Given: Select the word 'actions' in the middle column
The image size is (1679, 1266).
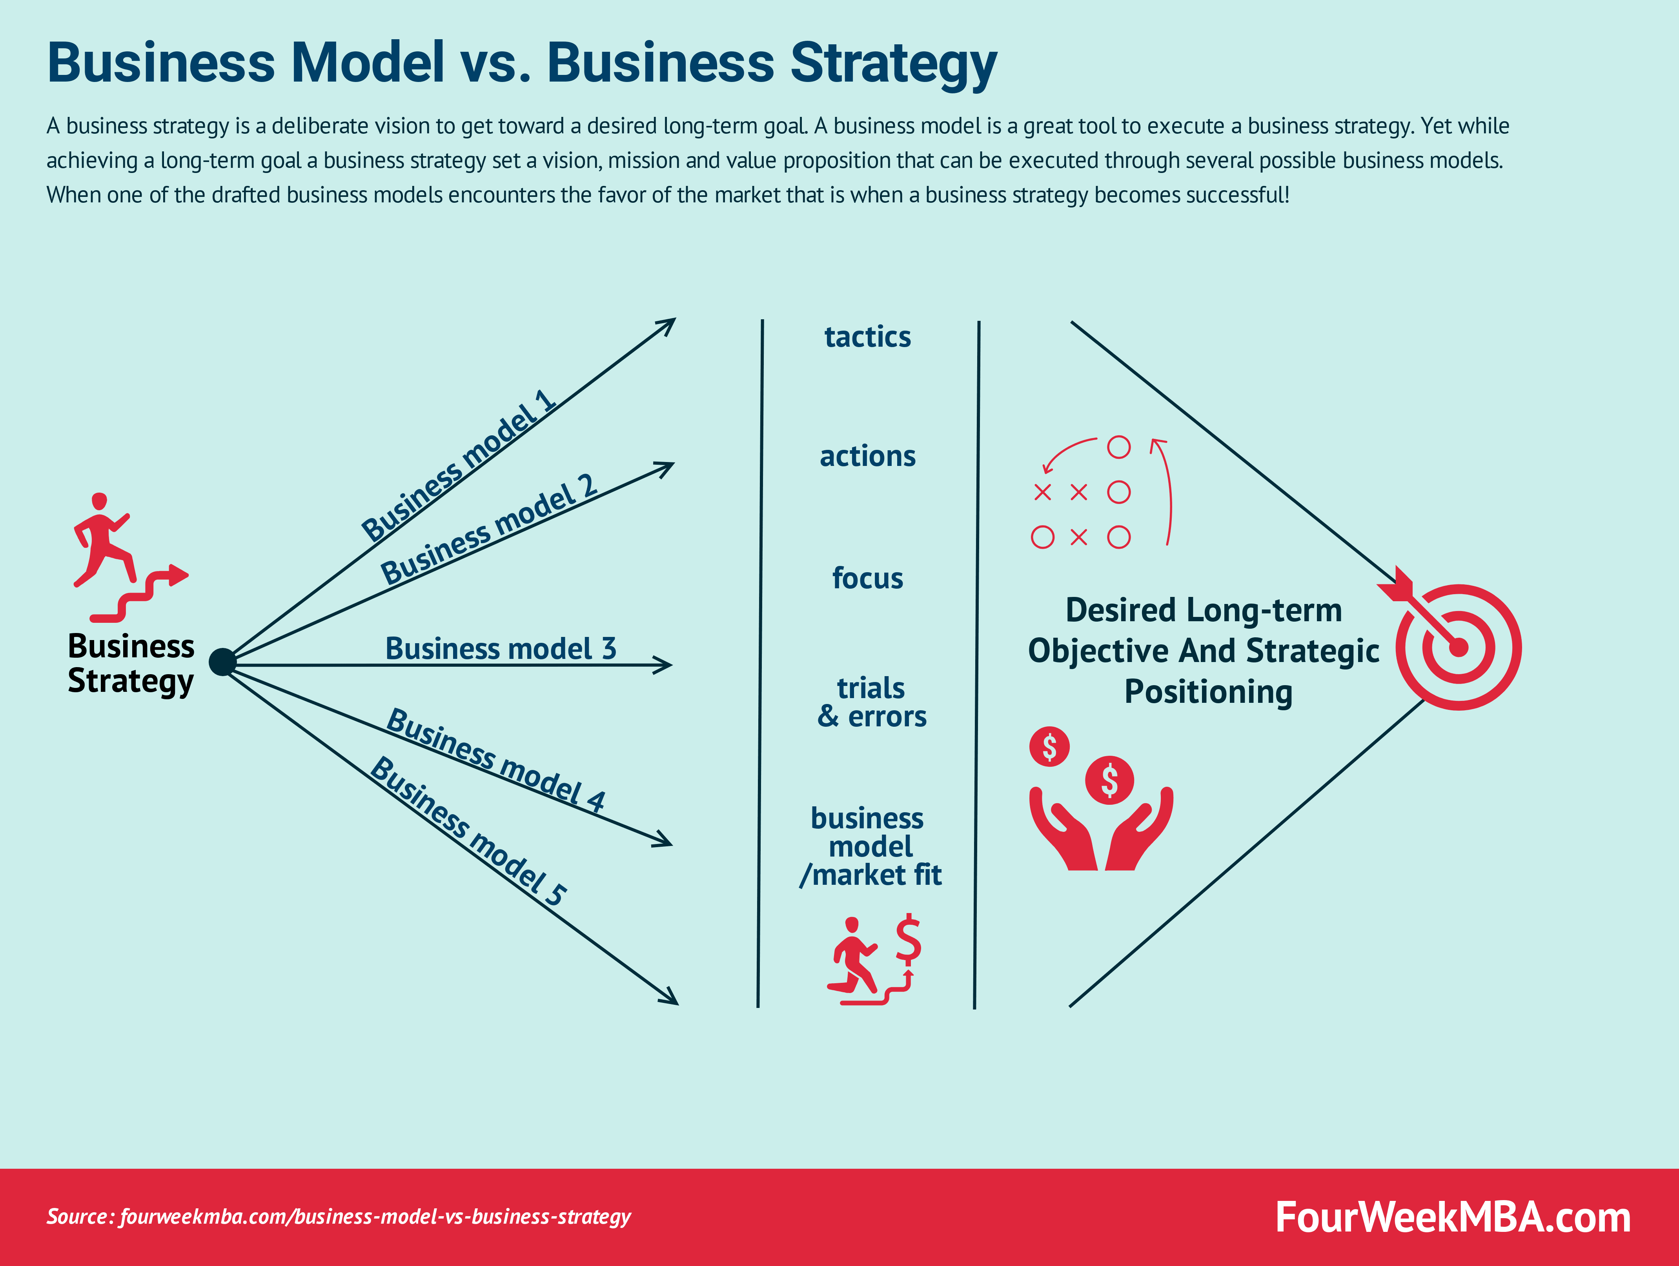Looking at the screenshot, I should click(x=868, y=456).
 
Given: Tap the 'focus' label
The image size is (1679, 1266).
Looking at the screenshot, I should click(x=868, y=578).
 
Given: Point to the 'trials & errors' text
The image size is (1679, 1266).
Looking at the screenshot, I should click(x=871, y=702).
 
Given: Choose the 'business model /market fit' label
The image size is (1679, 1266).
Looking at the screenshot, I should click(x=870, y=846).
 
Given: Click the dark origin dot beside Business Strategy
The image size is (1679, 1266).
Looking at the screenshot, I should click(x=222, y=662).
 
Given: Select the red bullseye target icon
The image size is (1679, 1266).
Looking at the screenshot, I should click(x=1458, y=647).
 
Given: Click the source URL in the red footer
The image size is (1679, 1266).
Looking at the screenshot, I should click(x=339, y=1217).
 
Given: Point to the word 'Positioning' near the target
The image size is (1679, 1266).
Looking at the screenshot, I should click(x=1207, y=692).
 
